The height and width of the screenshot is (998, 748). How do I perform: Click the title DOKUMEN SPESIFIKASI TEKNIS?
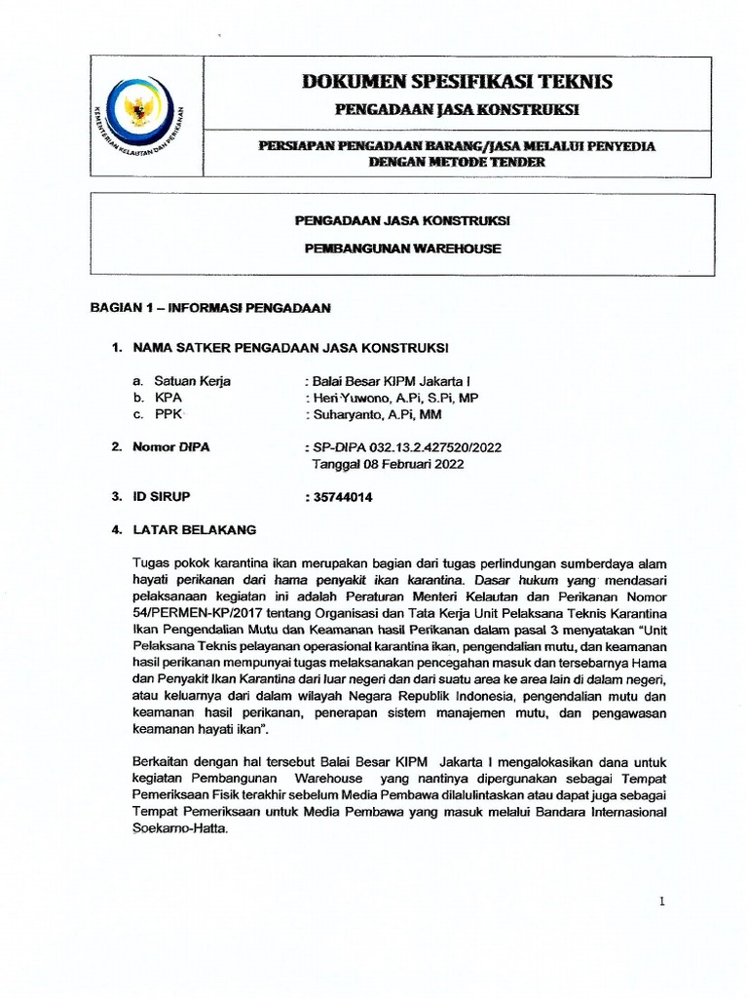click(x=457, y=81)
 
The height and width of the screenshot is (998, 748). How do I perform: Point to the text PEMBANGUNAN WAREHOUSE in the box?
click(x=403, y=249)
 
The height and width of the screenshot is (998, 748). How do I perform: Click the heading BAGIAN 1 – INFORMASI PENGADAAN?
click(x=210, y=308)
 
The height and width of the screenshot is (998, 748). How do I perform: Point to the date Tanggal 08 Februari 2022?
click(x=388, y=464)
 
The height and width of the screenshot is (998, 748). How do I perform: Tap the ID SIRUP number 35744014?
click(x=342, y=497)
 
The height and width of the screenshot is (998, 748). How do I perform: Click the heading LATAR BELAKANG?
click(x=195, y=530)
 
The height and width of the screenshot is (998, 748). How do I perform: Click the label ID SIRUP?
click(x=162, y=497)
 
